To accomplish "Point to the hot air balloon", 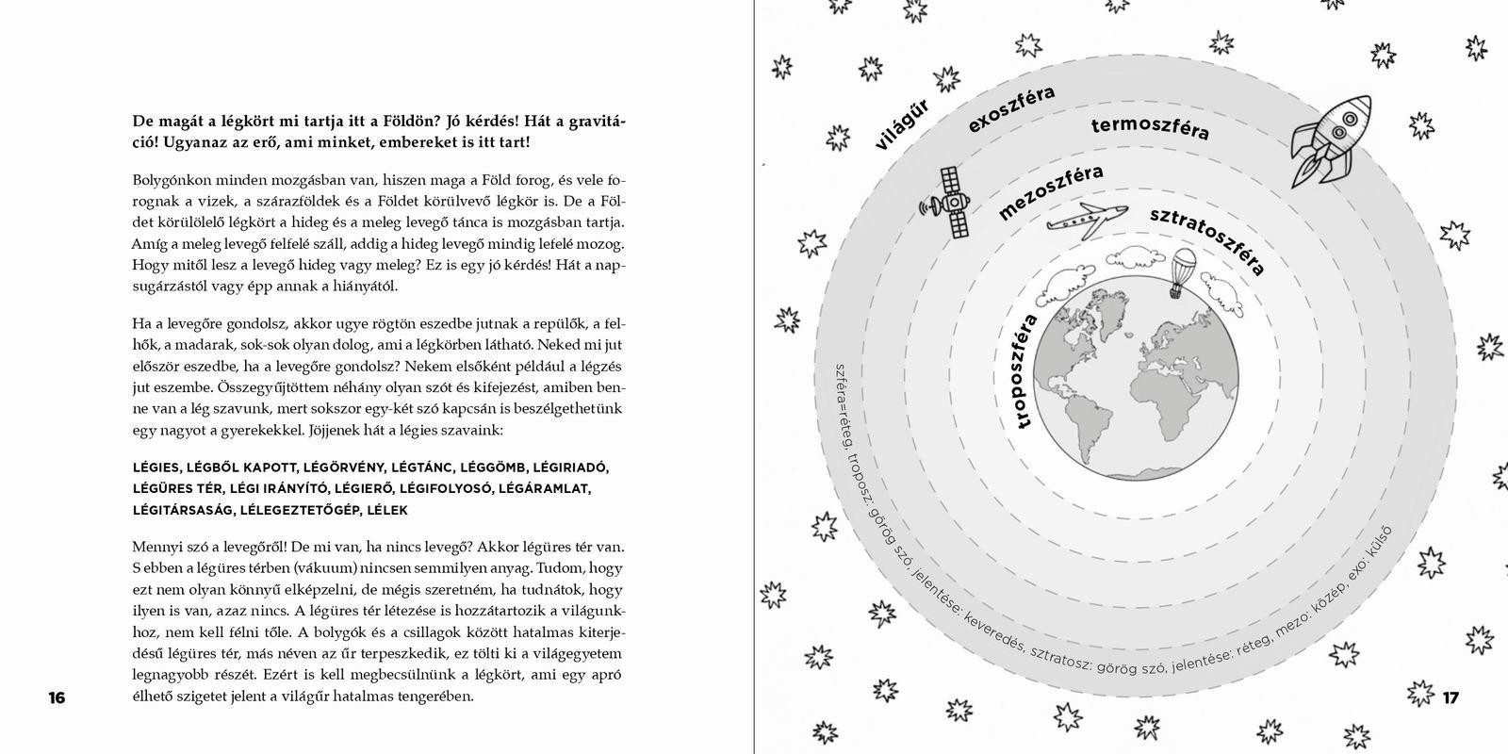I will click(x=1182, y=270).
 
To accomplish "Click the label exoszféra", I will click(x=1010, y=110).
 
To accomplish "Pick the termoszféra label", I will click(x=1150, y=129).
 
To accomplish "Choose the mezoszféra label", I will click(x=1049, y=191).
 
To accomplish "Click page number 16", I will click(x=57, y=698).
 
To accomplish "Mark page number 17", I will click(x=1451, y=698).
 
